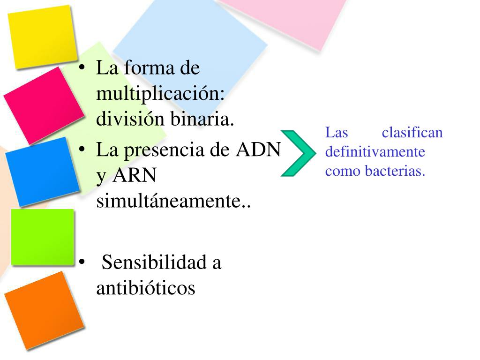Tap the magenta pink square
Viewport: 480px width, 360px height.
[x=43, y=105]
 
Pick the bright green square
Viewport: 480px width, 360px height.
[x=43, y=237]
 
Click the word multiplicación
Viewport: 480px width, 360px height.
[x=160, y=94]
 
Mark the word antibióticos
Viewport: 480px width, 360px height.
[x=145, y=288]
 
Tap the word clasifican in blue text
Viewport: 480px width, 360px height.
[x=412, y=133]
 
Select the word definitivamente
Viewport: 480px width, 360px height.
[x=375, y=152]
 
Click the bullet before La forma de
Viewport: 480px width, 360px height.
[x=82, y=68]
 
